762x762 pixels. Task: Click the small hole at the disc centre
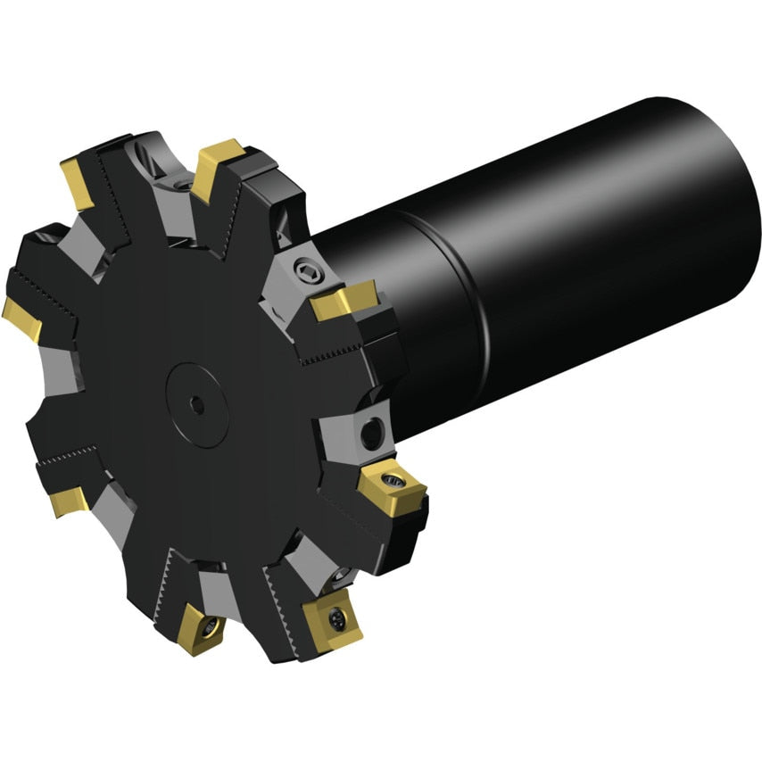(x=198, y=406)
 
